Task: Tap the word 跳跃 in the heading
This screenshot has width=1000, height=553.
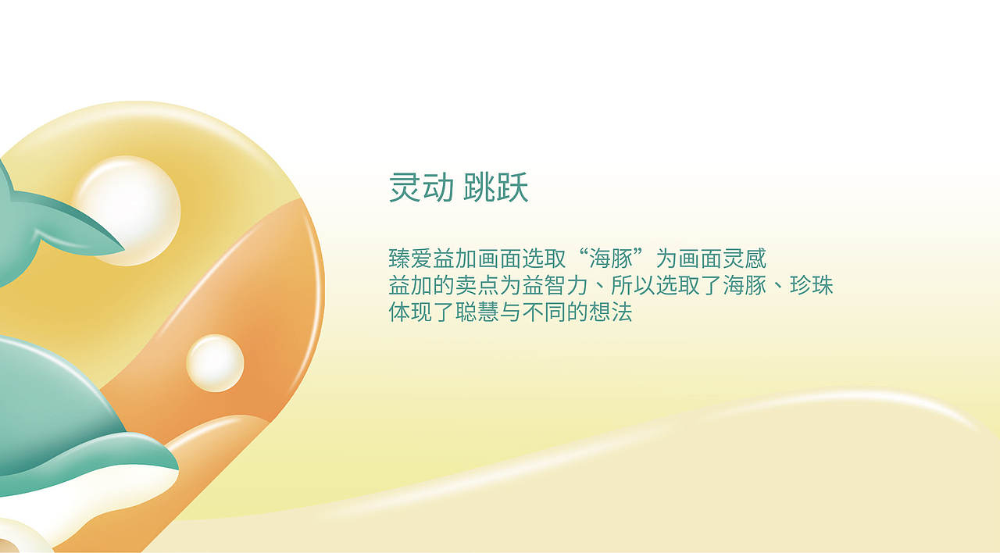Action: point(496,188)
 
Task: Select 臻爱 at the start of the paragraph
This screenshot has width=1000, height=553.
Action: point(410,259)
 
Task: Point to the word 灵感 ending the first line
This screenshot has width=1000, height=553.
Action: point(745,259)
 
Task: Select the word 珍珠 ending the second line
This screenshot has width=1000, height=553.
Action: point(812,285)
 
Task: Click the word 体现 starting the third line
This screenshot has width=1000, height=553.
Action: point(410,312)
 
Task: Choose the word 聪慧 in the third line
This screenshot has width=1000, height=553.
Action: point(477,312)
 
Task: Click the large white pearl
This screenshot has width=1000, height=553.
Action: point(127,209)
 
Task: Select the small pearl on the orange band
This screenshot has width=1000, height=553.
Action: point(215,363)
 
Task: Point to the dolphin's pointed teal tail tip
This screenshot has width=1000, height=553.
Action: point(117,248)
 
